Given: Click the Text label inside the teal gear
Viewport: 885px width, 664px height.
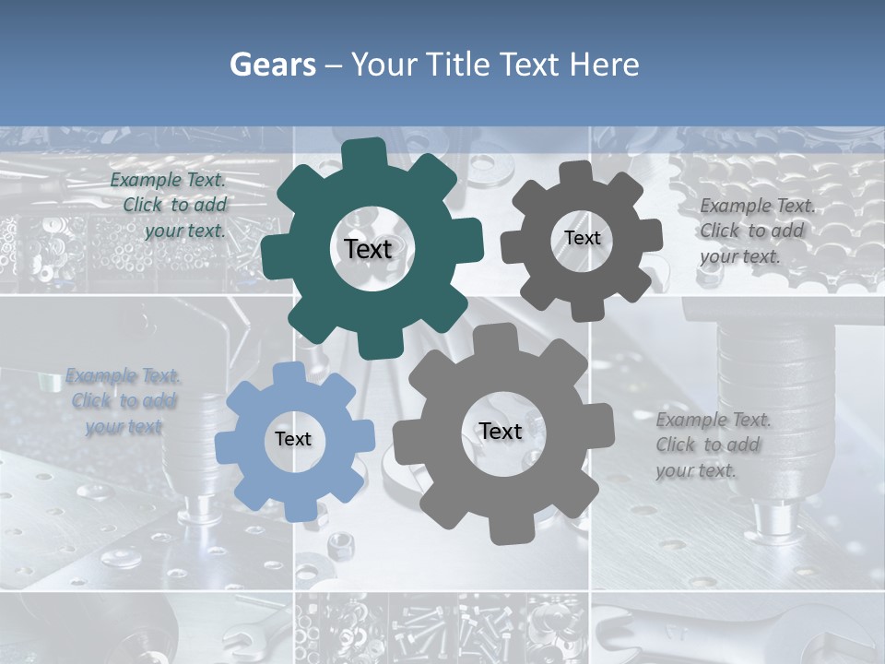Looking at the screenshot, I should click(x=369, y=249).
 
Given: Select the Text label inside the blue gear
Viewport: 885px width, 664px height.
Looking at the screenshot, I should click(x=293, y=439).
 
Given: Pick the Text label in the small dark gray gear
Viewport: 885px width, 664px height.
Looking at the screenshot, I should click(x=582, y=238).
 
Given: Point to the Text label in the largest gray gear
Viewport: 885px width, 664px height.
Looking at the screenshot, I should click(x=501, y=431).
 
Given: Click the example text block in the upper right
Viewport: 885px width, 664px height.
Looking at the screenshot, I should click(x=756, y=231).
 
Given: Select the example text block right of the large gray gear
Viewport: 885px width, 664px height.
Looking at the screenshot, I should click(x=712, y=445).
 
